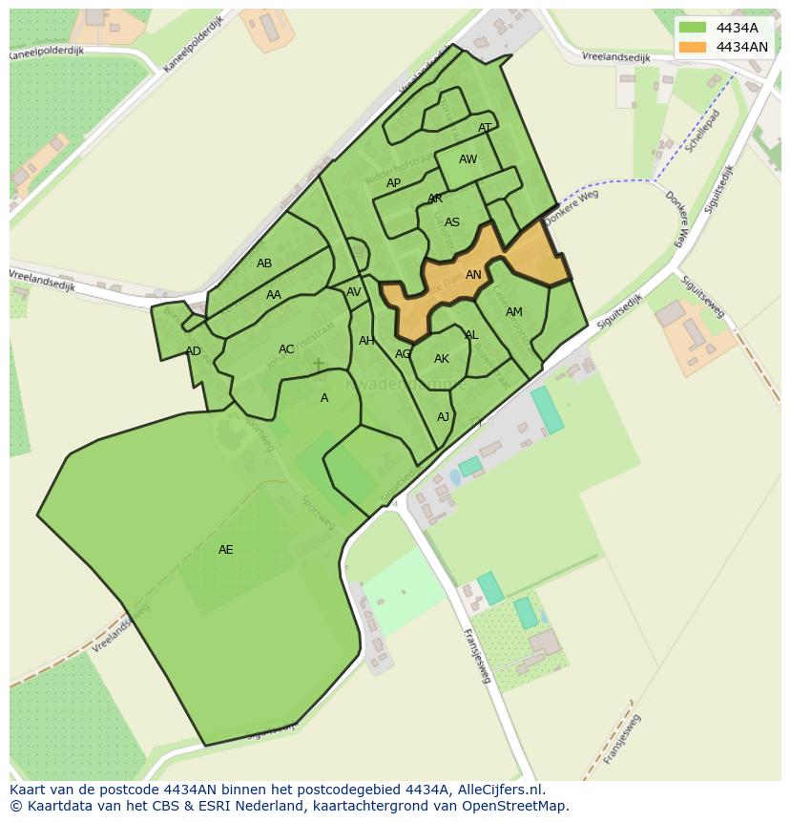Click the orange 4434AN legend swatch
coord(693,47)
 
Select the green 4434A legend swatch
coord(693,28)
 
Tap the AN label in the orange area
coord(473,275)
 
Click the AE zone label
coord(226,550)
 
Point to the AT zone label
coord(485,128)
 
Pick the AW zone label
coord(468,159)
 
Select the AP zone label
coord(393,183)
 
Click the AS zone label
coord(452,222)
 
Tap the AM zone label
coord(514,312)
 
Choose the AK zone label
coord(442,359)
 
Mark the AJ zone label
coord(443,417)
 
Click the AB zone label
coord(264,263)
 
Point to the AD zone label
coord(194,351)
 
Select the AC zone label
coord(286,349)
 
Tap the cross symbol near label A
coord(318,364)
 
